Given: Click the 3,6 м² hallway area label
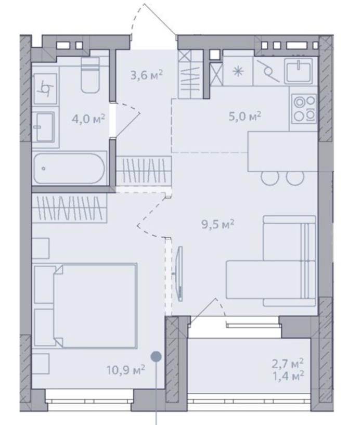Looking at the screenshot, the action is [147, 75].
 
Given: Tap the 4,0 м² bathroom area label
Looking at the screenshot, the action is [88, 119].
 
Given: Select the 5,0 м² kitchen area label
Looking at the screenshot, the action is [245, 117].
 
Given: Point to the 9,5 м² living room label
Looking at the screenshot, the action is [218, 224].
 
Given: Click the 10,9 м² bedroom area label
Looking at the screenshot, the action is [126, 369].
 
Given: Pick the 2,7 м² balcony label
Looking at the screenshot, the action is [288, 364].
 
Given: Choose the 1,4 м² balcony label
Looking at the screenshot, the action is [288, 376].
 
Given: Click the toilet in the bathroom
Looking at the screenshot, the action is [90, 75].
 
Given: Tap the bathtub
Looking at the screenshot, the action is [69, 169].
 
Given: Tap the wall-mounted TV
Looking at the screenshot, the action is [179, 273].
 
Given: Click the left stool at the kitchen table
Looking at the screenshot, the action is [269, 177].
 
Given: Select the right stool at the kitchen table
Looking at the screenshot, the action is [295, 177].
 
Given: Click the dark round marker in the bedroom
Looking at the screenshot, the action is [156, 356].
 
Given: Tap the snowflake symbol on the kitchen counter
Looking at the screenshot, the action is [238, 72].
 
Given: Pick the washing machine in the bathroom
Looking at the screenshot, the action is [46, 88].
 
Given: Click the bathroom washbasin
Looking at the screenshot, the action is [45, 127].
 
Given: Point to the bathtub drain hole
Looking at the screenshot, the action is [43, 169].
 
